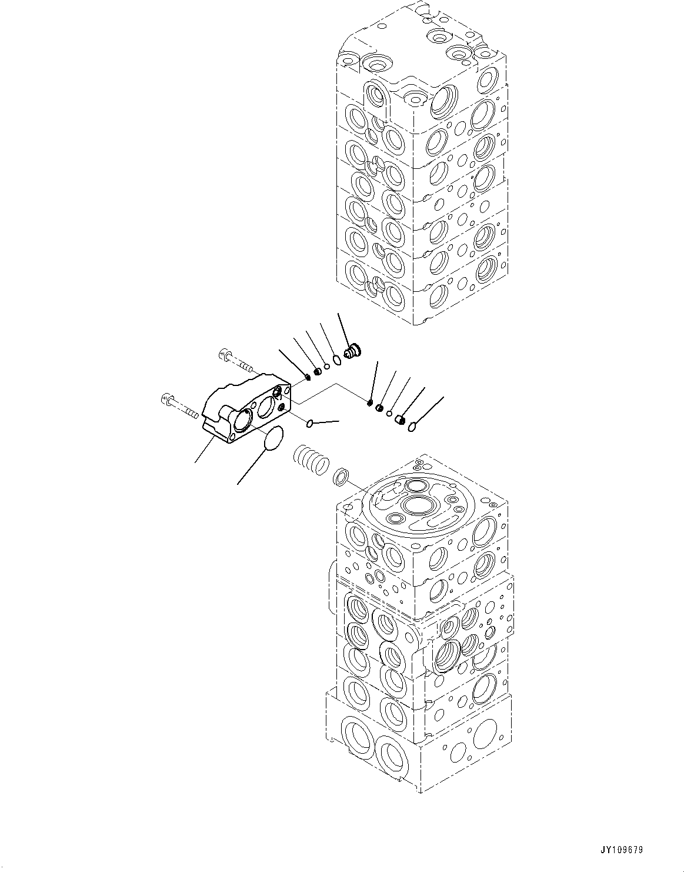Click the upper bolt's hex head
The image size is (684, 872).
(224, 354)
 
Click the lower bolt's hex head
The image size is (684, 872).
(166, 400)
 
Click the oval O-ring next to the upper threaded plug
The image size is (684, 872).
(336, 360)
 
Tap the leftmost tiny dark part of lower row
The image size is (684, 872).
(370, 403)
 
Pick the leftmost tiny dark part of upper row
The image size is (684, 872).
(308, 377)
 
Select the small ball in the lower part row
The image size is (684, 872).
(389, 414)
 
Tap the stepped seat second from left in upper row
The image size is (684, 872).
(318, 371)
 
